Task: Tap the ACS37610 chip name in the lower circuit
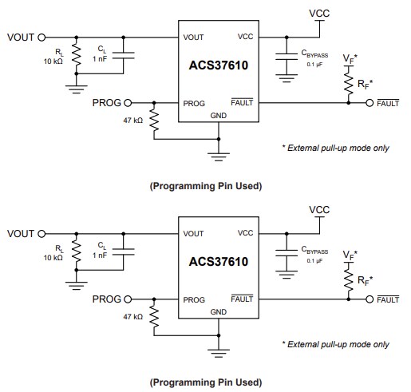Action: coord(218,261)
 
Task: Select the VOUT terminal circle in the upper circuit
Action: coord(41,37)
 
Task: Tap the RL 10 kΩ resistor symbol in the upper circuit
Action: coord(77,55)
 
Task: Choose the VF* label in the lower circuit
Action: coord(350,256)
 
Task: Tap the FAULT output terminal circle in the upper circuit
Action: coord(370,103)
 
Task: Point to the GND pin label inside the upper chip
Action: coord(218,115)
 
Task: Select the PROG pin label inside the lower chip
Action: coord(193,299)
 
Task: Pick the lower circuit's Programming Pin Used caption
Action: coord(205,381)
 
